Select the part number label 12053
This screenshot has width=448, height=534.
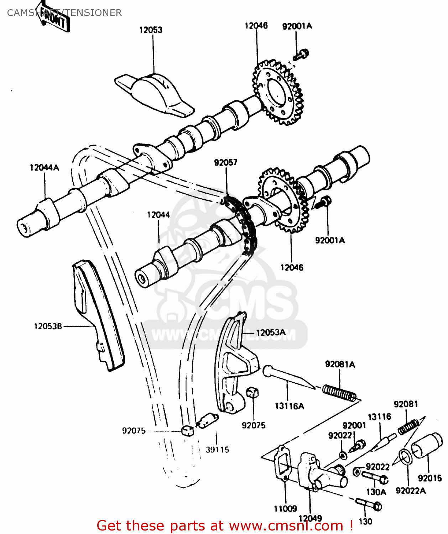point(151,30)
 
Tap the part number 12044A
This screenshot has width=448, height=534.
point(44,168)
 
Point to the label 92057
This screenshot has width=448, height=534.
point(225,163)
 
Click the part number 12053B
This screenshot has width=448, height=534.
point(48,326)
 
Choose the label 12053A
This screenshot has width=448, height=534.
point(271,333)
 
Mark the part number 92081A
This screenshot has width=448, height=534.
point(340,364)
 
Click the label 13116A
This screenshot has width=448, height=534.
point(289,406)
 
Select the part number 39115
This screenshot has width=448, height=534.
point(217,450)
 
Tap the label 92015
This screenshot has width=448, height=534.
point(429,478)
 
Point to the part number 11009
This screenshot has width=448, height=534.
point(285,508)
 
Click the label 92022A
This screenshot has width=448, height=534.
point(411,491)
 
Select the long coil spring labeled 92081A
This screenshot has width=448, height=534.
point(339,393)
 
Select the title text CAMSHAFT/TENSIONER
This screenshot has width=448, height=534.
point(64,13)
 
